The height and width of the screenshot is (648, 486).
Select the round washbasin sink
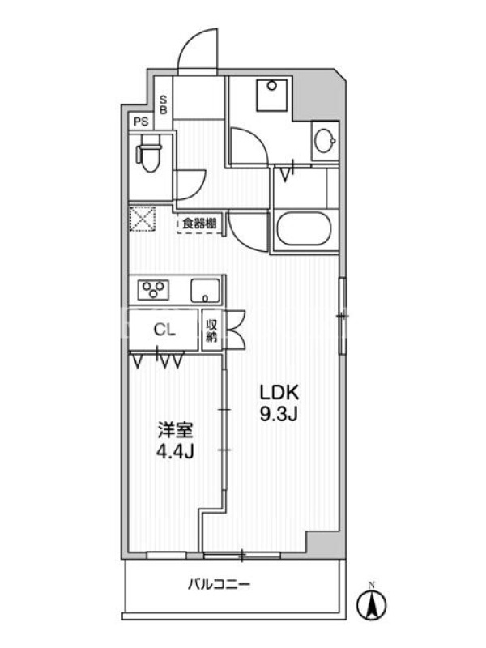point(325,141)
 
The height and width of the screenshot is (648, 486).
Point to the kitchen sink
point(206,290)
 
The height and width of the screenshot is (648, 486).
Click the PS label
point(140,122)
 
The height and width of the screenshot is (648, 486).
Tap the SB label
point(164,105)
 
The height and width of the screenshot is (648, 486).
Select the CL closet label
point(164,330)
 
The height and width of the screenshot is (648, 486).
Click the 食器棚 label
point(199,224)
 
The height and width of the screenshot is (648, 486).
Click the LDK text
point(279,392)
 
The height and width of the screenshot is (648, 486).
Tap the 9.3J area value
point(279,414)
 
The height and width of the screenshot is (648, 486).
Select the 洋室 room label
point(175,430)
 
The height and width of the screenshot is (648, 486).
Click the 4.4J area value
point(175,452)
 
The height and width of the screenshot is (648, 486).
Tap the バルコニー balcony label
point(219,585)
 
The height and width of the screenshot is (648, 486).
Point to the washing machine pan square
point(271,96)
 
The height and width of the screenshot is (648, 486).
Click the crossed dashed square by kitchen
point(143,219)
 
